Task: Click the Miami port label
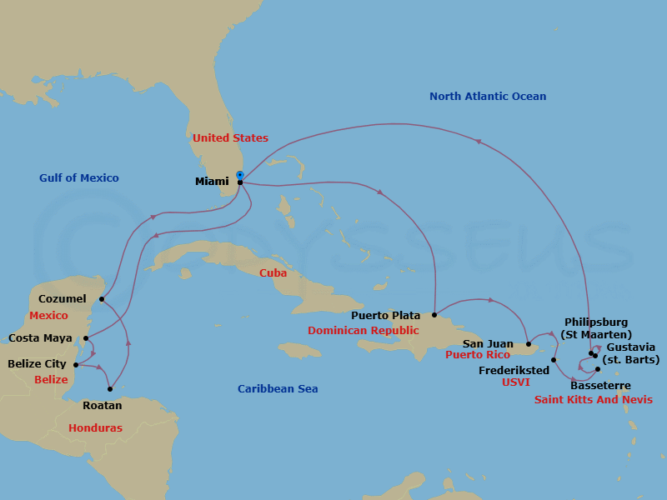pos(212,182)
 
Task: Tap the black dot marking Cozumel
pos(102,298)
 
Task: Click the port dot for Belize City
pos(76,364)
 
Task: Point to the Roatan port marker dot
pos(111,389)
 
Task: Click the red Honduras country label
pos(95,427)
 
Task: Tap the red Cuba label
pos(273,272)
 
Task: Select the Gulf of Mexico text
pos(79,177)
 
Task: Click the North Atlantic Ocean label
pos(488,97)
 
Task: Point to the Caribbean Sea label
pos(278,388)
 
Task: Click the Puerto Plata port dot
pos(434,315)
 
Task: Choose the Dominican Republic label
pos(363,330)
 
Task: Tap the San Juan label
pos(488,343)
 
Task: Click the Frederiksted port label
pos(514,370)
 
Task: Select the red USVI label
pos(515,383)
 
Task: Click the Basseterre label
pos(600,386)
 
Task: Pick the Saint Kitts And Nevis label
pos(593,400)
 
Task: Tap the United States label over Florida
pos(230,137)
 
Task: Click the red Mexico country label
pos(48,316)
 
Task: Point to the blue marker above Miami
pos(240,175)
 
